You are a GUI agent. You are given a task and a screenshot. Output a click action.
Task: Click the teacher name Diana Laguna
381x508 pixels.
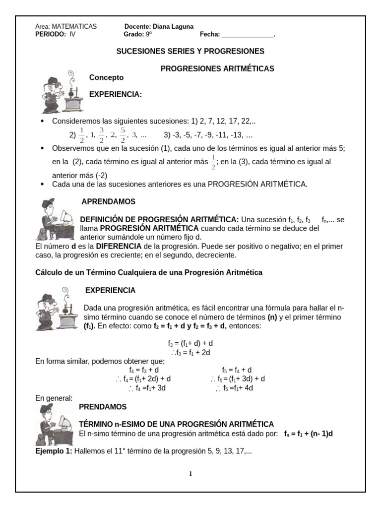coord(174,27)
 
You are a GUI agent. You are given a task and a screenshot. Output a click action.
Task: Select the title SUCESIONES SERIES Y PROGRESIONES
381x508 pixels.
coord(190,51)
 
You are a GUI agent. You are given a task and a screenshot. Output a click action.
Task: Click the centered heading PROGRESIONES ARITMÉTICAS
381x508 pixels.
coord(217,68)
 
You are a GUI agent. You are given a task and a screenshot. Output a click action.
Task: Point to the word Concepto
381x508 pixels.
coord(106,77)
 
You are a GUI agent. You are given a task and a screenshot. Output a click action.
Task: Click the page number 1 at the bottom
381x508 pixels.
coord(190,474)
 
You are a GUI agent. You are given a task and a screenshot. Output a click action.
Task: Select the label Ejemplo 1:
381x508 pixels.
coord(54,451)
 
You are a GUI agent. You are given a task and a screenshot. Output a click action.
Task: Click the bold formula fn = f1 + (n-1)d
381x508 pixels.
coord(308,433)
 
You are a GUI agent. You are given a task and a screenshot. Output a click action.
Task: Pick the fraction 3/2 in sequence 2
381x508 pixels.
coord(102,134)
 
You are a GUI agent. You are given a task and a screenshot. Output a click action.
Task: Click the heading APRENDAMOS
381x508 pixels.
coord(108,202)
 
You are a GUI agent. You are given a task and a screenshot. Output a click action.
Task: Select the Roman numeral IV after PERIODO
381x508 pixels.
coord(72,35)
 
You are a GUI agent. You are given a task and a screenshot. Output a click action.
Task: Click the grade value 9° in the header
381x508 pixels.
coord(149,35)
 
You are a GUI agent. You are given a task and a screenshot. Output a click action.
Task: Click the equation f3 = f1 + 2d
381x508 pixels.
coord(191,352)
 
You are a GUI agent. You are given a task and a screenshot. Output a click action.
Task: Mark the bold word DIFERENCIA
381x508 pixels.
coord(119,246)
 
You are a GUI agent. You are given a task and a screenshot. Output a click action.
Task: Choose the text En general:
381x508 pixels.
coord(54,398)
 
